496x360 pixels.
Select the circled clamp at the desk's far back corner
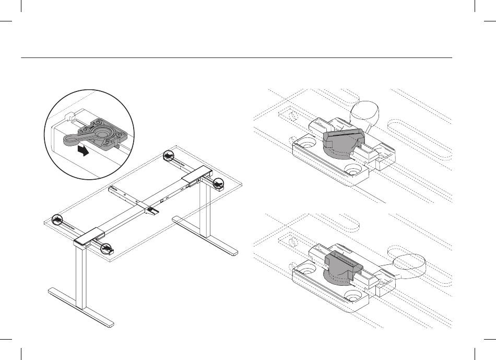pos(168,156)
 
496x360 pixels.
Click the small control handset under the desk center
pos(153,211)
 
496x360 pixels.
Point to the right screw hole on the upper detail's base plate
pos(353,171)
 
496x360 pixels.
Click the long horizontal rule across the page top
pos(235,57)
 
